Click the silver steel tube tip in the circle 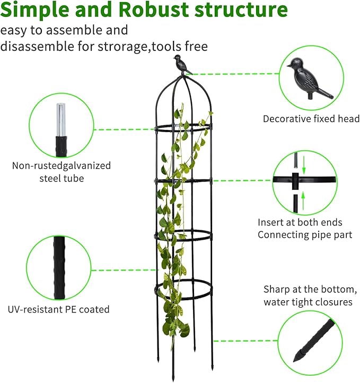click(62, 119)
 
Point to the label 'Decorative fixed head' click(311, 119)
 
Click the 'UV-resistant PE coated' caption click(58, 309)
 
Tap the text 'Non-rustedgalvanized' click(62, 166)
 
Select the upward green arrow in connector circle click(304, 200)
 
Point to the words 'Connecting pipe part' click(305, 234)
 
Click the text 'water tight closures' click(308, 302)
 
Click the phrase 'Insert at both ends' click(300, 222)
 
